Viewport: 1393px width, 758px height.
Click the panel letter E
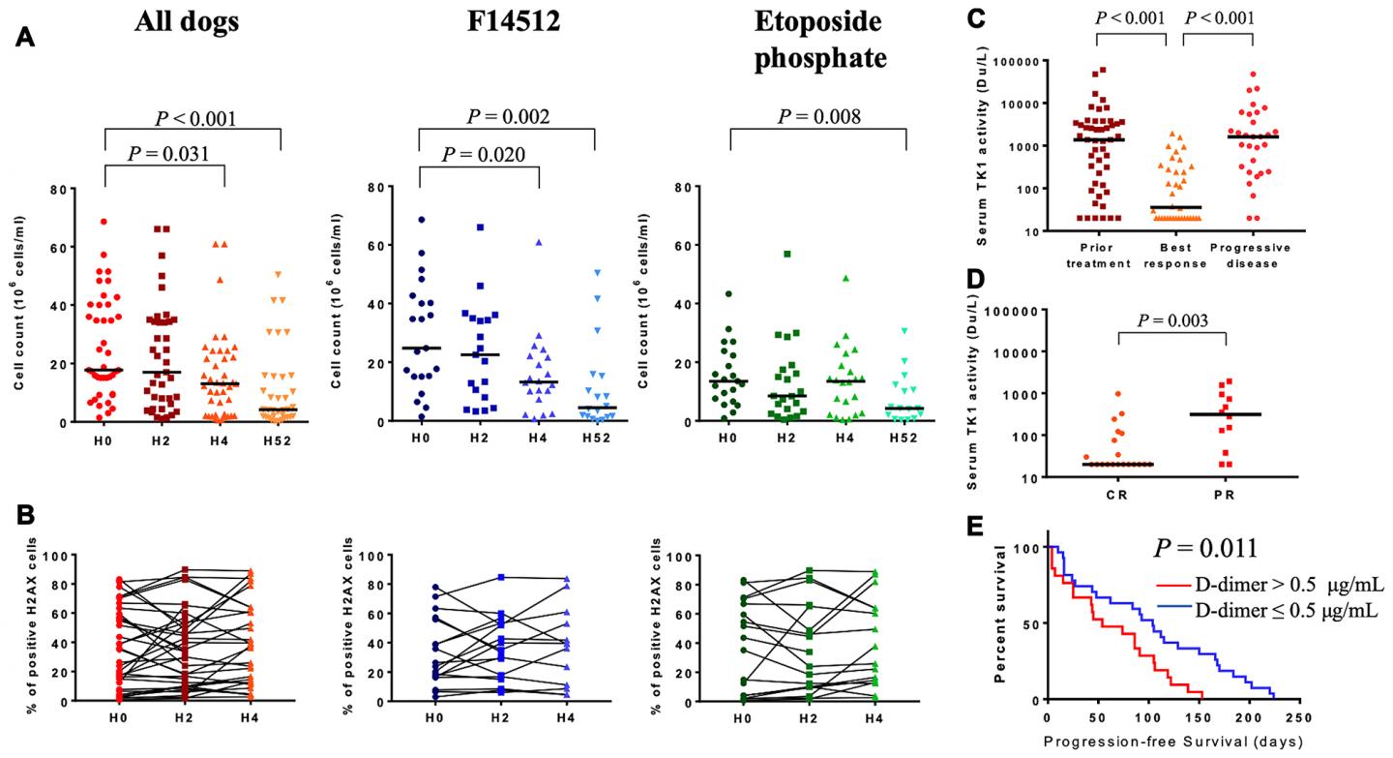[x=977, y=525]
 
